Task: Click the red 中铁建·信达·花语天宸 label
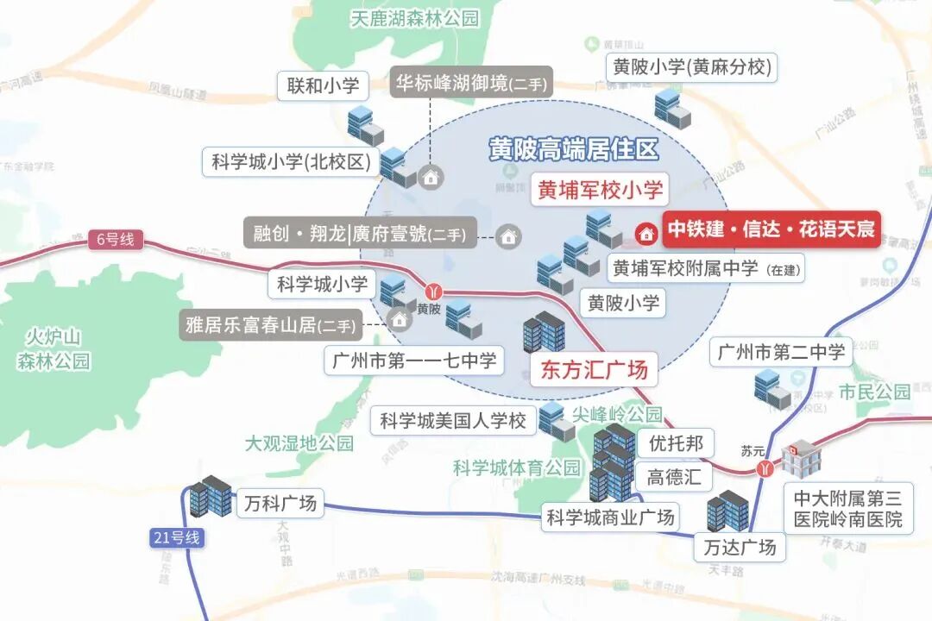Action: tap(771, 230)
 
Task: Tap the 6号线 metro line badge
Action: tap(114, 240)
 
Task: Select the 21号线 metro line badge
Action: tap(174, 538)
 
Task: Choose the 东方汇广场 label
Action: tap(593, 370)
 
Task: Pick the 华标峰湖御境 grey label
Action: tap(470, 83)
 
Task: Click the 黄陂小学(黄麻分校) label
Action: tap(691, 66)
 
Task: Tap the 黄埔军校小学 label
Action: tap(600, 190)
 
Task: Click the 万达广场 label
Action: tap(740, 547)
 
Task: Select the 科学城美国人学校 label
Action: tap(453, 421)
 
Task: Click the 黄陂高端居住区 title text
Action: tap(573, 149)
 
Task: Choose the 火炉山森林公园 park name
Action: tap(54, 348)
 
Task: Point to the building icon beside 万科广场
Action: tap(211, 497)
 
